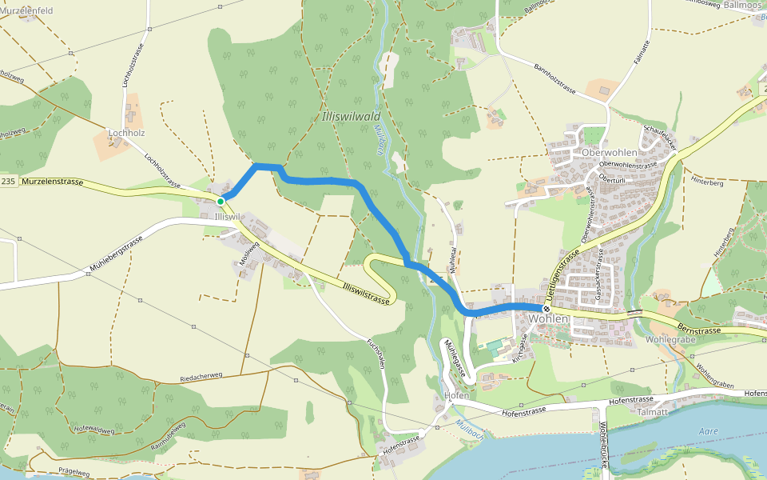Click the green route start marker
pos(221,201)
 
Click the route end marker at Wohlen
pos(546,309)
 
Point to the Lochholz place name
pos(126,133)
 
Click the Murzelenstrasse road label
pos(53,182)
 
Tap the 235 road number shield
pos(8,182)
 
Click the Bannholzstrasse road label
pos(560,81)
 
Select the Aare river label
pos(708,431)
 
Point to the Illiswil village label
pos(228,217)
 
